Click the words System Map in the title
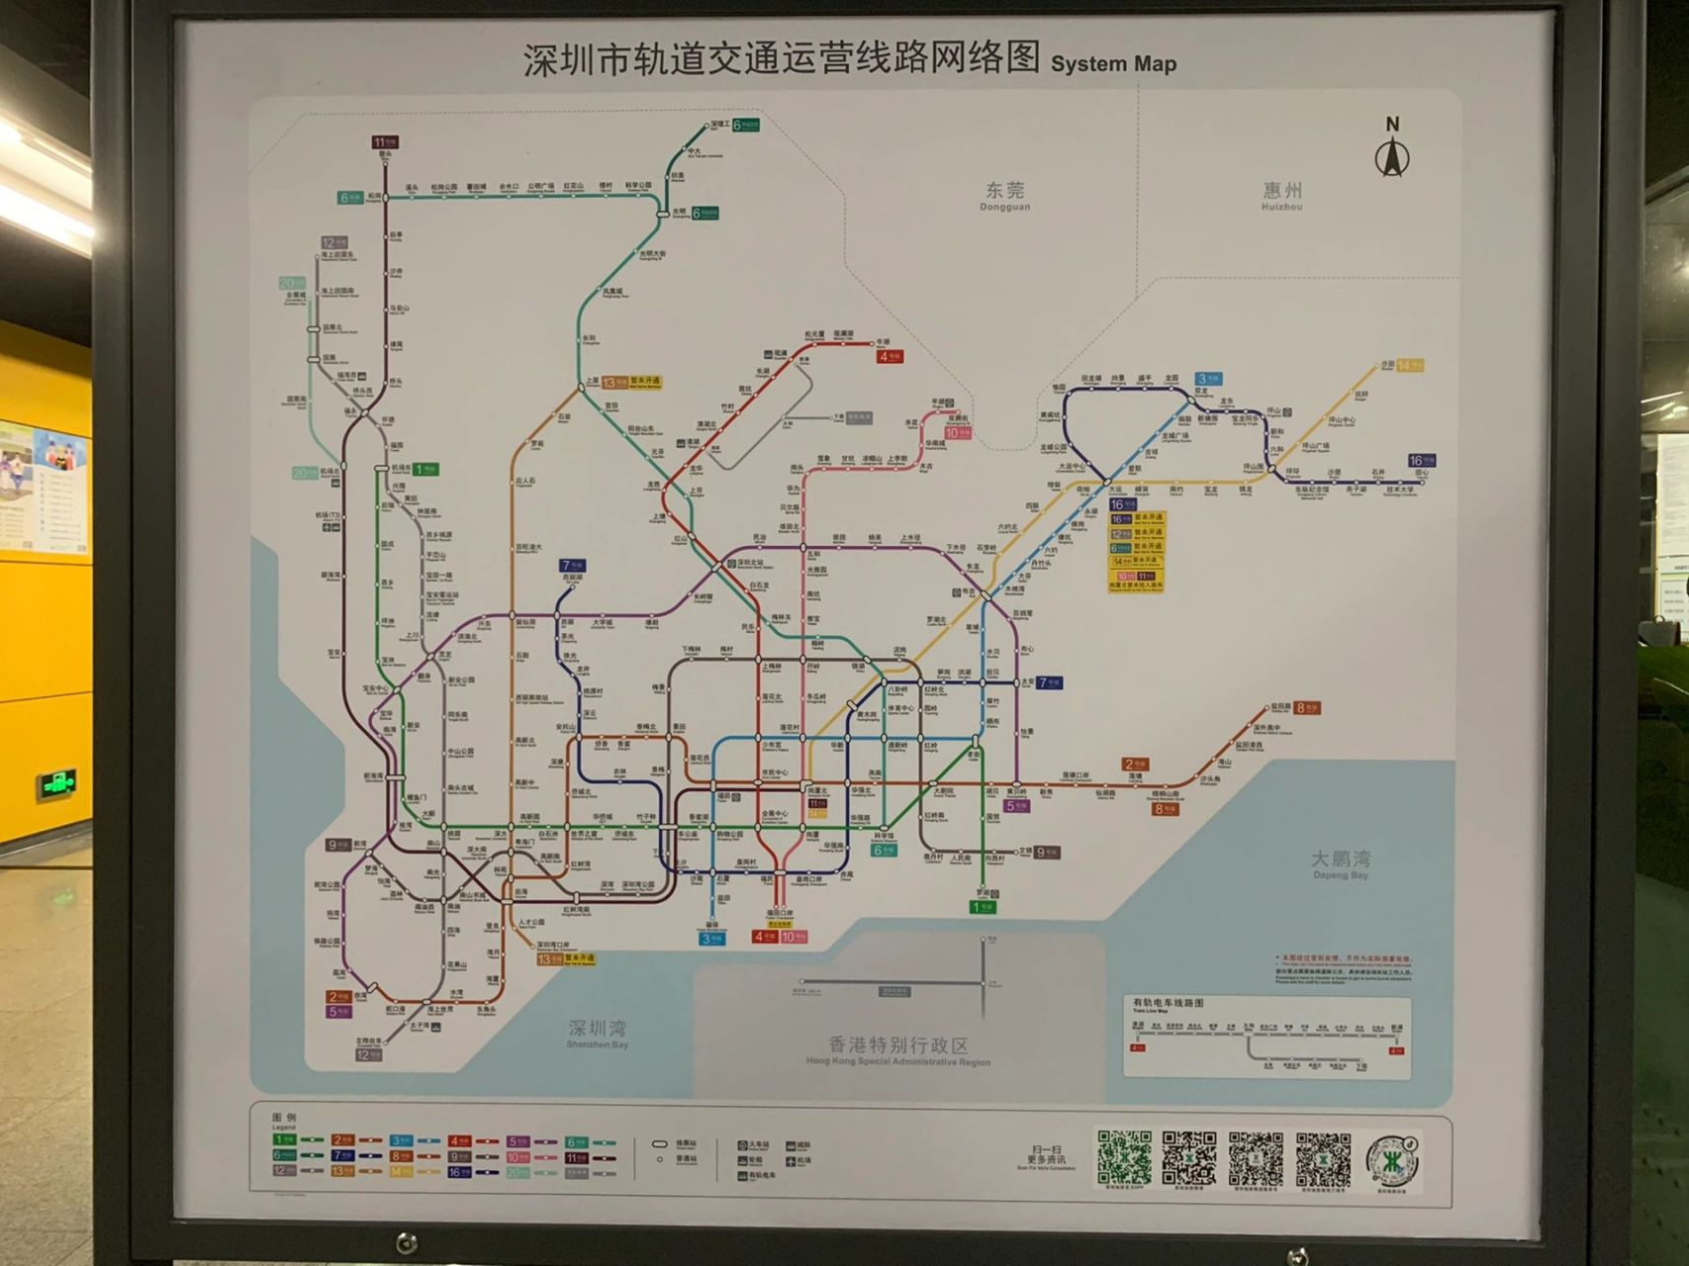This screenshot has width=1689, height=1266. (1113, 64)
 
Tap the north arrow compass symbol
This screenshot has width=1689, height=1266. (1392, 150)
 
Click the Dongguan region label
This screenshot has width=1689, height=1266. (1004, 194)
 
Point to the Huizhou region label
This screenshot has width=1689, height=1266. (1281, 194)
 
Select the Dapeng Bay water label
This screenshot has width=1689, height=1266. (1340, 862)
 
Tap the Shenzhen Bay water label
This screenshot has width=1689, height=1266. (597, 1034)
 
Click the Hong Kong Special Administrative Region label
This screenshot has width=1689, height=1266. (897, 1050)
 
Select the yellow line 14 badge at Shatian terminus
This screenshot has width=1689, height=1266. (1410, 365)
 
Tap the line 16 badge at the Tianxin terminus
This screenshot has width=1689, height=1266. (1422, 460)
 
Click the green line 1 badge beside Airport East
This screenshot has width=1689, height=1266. (425, 469)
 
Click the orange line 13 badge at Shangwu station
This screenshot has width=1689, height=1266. (614, 382)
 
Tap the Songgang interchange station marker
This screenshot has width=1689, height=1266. (386, 198)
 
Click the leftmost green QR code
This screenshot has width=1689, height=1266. (1124, 1158)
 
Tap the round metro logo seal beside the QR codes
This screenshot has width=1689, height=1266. (1393, 1159)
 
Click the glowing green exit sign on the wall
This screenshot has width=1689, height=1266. (57, 784)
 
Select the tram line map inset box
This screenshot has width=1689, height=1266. (1267, 1036)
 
